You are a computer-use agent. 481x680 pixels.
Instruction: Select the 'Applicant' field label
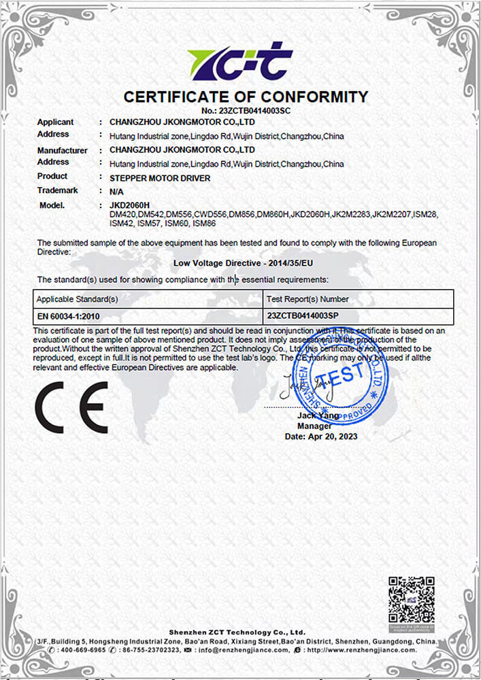55,122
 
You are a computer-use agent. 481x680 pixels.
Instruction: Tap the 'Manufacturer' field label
62,150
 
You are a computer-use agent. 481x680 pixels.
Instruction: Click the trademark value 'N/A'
116,192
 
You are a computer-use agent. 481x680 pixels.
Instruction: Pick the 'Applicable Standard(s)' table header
78,299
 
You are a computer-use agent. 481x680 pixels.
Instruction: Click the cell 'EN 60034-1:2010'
69,316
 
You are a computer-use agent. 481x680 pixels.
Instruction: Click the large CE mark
71,407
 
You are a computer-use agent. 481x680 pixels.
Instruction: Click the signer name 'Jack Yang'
318,415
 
